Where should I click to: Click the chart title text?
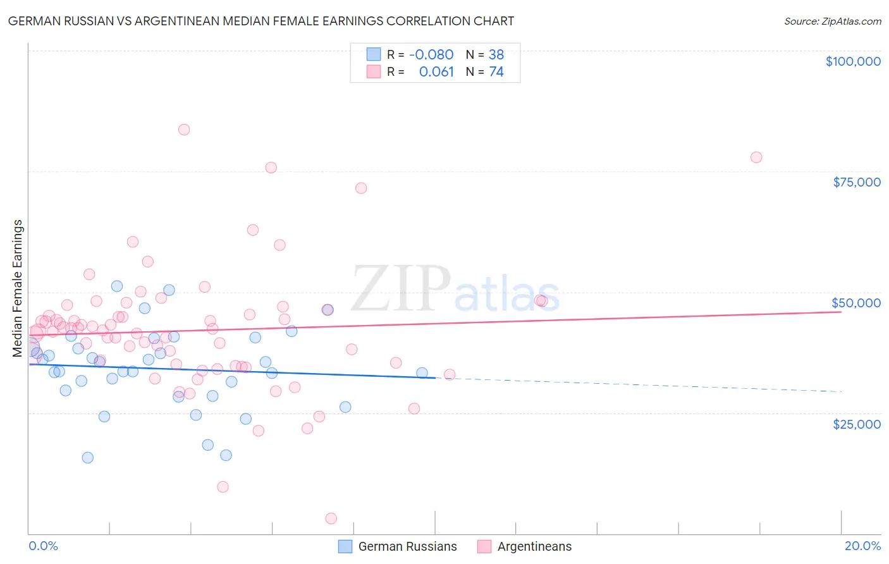261,21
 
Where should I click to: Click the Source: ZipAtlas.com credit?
832,21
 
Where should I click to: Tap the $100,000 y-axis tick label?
852,61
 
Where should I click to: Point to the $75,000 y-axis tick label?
856,182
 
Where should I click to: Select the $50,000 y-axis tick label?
856,303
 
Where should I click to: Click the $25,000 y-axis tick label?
856,424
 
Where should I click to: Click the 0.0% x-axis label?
43,546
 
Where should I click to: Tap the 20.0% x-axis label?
862,546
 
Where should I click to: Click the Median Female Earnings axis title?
18,288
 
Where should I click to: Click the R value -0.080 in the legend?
431,54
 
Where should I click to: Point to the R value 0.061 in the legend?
436,71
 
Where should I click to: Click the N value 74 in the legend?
496,71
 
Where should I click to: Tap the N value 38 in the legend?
496,54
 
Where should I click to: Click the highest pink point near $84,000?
184,130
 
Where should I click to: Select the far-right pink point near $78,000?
756,157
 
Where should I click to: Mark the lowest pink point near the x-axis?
331,518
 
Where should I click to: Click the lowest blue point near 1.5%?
88,458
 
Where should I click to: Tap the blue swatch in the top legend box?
374,54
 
